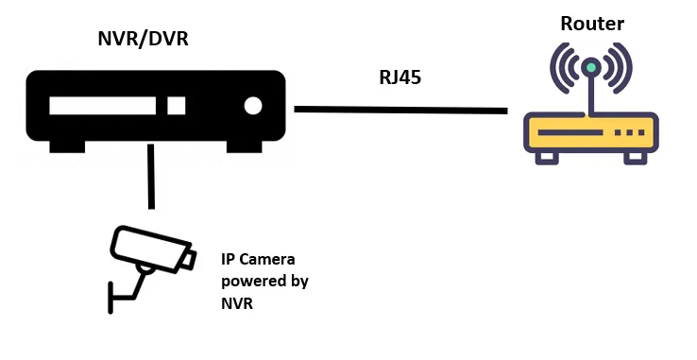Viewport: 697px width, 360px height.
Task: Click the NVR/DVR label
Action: [143, 39]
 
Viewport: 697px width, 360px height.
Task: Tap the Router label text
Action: [592, 24]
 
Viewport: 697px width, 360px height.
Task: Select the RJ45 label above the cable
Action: [400, 77]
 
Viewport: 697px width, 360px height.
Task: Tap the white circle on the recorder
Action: [253, 106]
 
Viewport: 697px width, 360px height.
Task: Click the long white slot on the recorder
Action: [103, 106]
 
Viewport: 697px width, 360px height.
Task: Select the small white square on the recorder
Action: [177, 106]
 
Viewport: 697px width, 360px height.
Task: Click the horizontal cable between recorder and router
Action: [401, 110]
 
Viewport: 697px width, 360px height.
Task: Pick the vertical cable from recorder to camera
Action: [151, 176]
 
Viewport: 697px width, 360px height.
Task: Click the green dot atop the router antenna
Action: [591, 67]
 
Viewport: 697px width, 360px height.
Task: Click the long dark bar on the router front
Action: [570, 132]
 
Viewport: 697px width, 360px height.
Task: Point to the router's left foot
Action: [547, 158]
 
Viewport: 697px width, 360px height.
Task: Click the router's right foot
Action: [636, 158]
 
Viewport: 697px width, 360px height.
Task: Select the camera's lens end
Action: [189, 260]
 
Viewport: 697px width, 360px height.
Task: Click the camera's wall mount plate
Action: [110, 298]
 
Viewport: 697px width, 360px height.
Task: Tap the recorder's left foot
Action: [67, 146]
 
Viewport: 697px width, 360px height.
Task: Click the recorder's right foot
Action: [244, 146]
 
